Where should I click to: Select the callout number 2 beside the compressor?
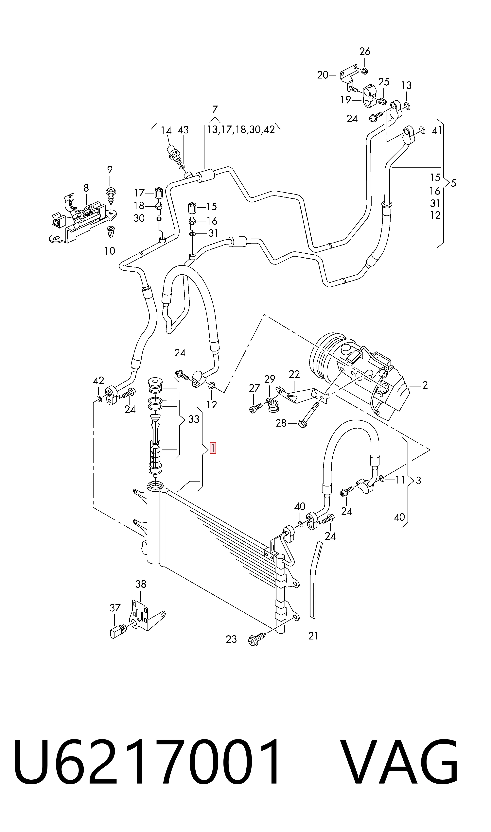[425, 385]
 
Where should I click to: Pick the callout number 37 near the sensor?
[115, 608]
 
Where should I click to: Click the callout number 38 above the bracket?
[141, 584]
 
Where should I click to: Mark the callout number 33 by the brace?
[194, 419]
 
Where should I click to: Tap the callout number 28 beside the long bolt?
[281, 423]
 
